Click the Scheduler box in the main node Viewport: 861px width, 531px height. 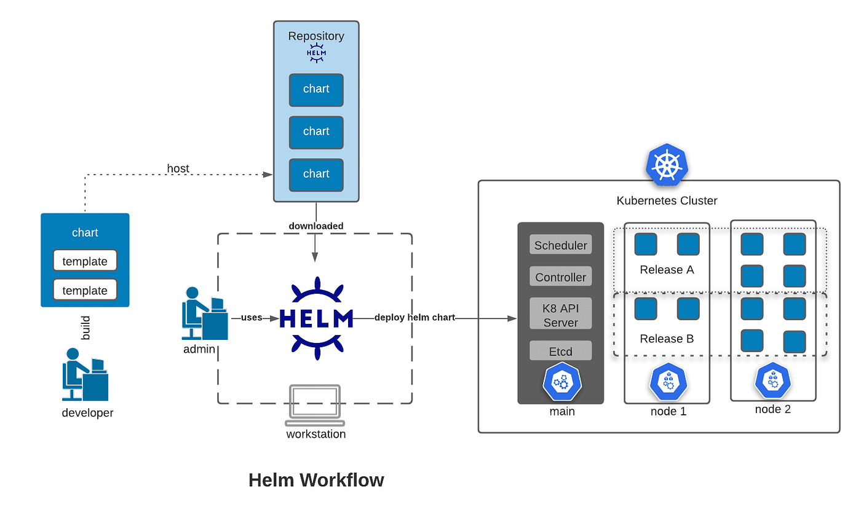[560, 245]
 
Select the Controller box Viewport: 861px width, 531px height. [560, 277]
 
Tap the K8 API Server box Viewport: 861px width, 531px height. [560, 314]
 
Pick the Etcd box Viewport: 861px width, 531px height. [560, 352]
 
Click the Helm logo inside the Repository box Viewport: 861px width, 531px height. [316, 53]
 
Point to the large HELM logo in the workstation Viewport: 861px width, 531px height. [315, 318]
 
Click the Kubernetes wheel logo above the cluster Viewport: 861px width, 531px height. [667, 165]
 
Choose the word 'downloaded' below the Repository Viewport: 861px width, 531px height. [316, 226]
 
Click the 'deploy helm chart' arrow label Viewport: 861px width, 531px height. [415, 318]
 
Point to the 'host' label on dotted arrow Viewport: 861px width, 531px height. [178, 168]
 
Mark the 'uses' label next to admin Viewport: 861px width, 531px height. [251, 318]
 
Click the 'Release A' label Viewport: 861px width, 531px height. [667, 270]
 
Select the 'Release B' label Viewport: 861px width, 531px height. [667, 339]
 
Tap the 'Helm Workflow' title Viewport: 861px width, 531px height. [316, 480]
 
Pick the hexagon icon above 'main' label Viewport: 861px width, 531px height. [561, 381]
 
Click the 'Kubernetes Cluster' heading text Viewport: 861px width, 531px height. [667, 201]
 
